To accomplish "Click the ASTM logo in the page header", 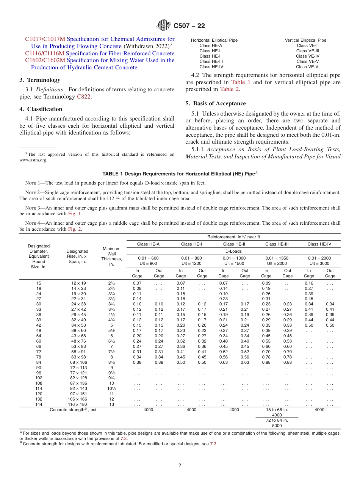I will pyautogui.click(x=164, y=26).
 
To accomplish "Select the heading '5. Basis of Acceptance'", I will pyautogui.click(x=216, y=103).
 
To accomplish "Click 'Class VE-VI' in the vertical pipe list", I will pyautogui.click(x=308, y=67).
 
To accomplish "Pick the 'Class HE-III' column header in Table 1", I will pyautogui.click(x=277, y=244).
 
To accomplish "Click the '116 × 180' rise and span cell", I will pyautogui.click(x=77, y=404).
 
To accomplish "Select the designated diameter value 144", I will pyautogui.click(x=39, y=404).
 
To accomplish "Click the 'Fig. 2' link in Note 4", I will pyautogui.click(x=75, y=229).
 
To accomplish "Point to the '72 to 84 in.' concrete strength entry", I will pyautogui.click(x=277, y=420).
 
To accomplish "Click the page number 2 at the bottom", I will pyautogui.click(x=180, y=466).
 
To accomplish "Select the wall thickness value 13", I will pyautogui.click(x=111, y=404).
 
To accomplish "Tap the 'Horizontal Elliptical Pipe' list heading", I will pyautogui.click(x=214, y=40).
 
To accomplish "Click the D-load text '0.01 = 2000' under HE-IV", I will pyautogui.click(x=319, y=258).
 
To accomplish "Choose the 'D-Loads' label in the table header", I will pyautogui.click(x=233, y=251).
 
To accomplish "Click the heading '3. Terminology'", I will pyautogui.click(x=40, y=80).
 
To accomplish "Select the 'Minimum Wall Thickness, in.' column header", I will pyautogui.click(x=111, y=256).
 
